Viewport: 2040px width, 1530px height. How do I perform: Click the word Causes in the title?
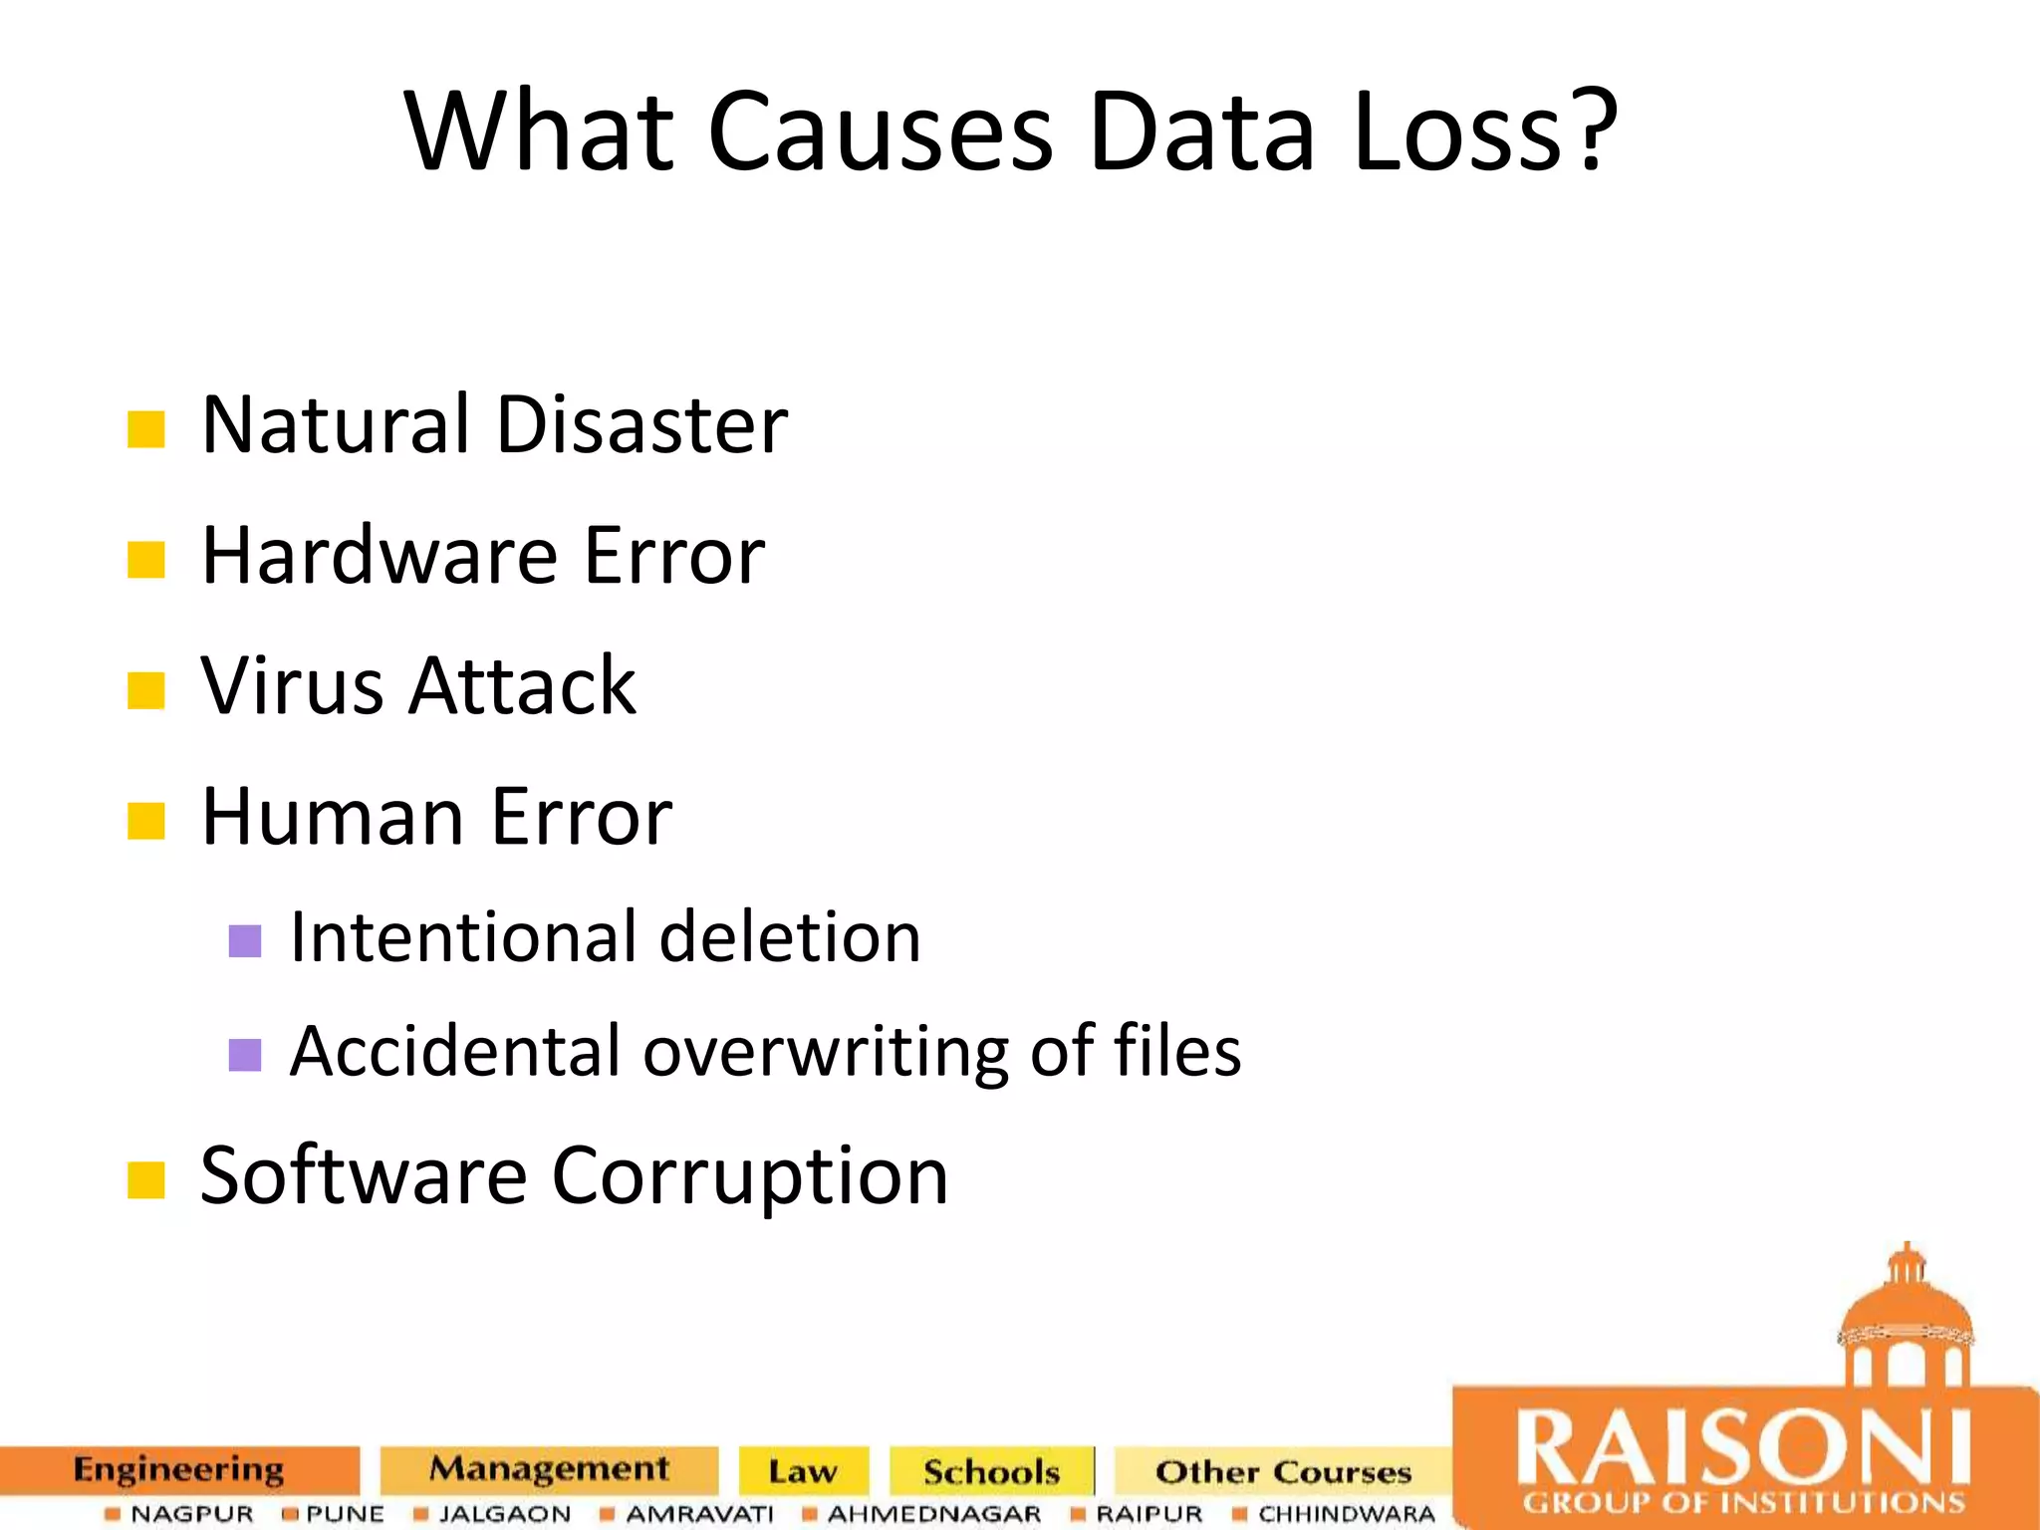(x=880, y=132)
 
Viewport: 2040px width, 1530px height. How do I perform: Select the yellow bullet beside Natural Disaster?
(x=145, y=429)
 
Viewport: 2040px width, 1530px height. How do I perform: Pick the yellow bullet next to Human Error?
(x=145, y=822)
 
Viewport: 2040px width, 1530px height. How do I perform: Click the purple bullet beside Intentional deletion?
(x=244, y=940)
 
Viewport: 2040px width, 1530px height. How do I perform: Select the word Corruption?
(x=749, y=1176)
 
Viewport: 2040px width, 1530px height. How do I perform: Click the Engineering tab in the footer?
(x=178, y=1470)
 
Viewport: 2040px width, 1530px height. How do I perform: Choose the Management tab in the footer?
(x=549, y=1469)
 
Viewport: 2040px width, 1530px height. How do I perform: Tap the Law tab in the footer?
(x=803, y=1471)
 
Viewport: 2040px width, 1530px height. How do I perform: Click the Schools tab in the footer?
(x=991, y=1471)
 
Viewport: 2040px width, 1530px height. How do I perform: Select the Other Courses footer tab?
(x=1283, y=1471)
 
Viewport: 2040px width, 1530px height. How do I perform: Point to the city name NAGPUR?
(x=192, y=1514)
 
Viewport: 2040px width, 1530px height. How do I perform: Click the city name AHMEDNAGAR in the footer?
(x=933, y=1514)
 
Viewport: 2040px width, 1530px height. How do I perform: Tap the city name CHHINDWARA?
(x=1347, y=1514)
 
